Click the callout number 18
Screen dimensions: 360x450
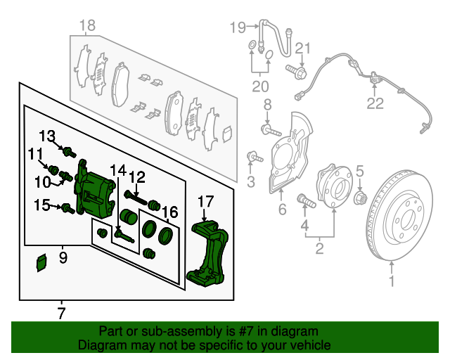[86, 27]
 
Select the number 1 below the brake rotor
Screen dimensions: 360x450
[392, 283]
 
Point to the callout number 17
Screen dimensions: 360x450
[205, 202]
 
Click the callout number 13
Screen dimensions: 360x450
[47, 136]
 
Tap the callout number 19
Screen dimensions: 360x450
[238, 27]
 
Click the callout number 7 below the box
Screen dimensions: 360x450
[61, 313]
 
